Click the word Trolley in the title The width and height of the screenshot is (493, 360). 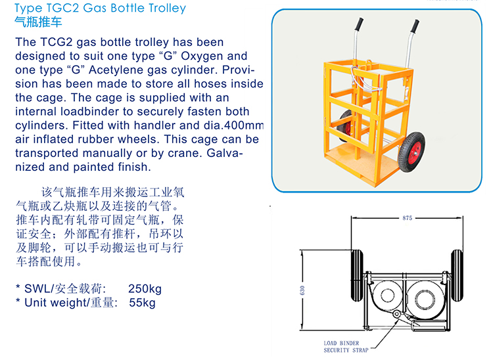coord(167,9)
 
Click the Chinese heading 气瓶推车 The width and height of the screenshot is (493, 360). coord(38,22)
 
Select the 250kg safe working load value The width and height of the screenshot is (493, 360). coord(145,288)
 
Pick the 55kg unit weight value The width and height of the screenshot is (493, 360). coord(142,302)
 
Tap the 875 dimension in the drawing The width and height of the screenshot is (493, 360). coord(407,218)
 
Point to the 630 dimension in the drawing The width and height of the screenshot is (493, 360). coord(302,290)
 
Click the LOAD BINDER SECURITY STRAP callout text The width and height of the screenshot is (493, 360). coord(346,347)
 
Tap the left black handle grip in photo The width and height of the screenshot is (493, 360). coord(360,24)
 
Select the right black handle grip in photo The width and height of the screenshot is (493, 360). coord(415,26)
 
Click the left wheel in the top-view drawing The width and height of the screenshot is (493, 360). coord(357,275)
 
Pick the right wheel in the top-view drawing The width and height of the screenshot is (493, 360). coord(457,275)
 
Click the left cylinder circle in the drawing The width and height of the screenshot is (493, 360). coord(387,296)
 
